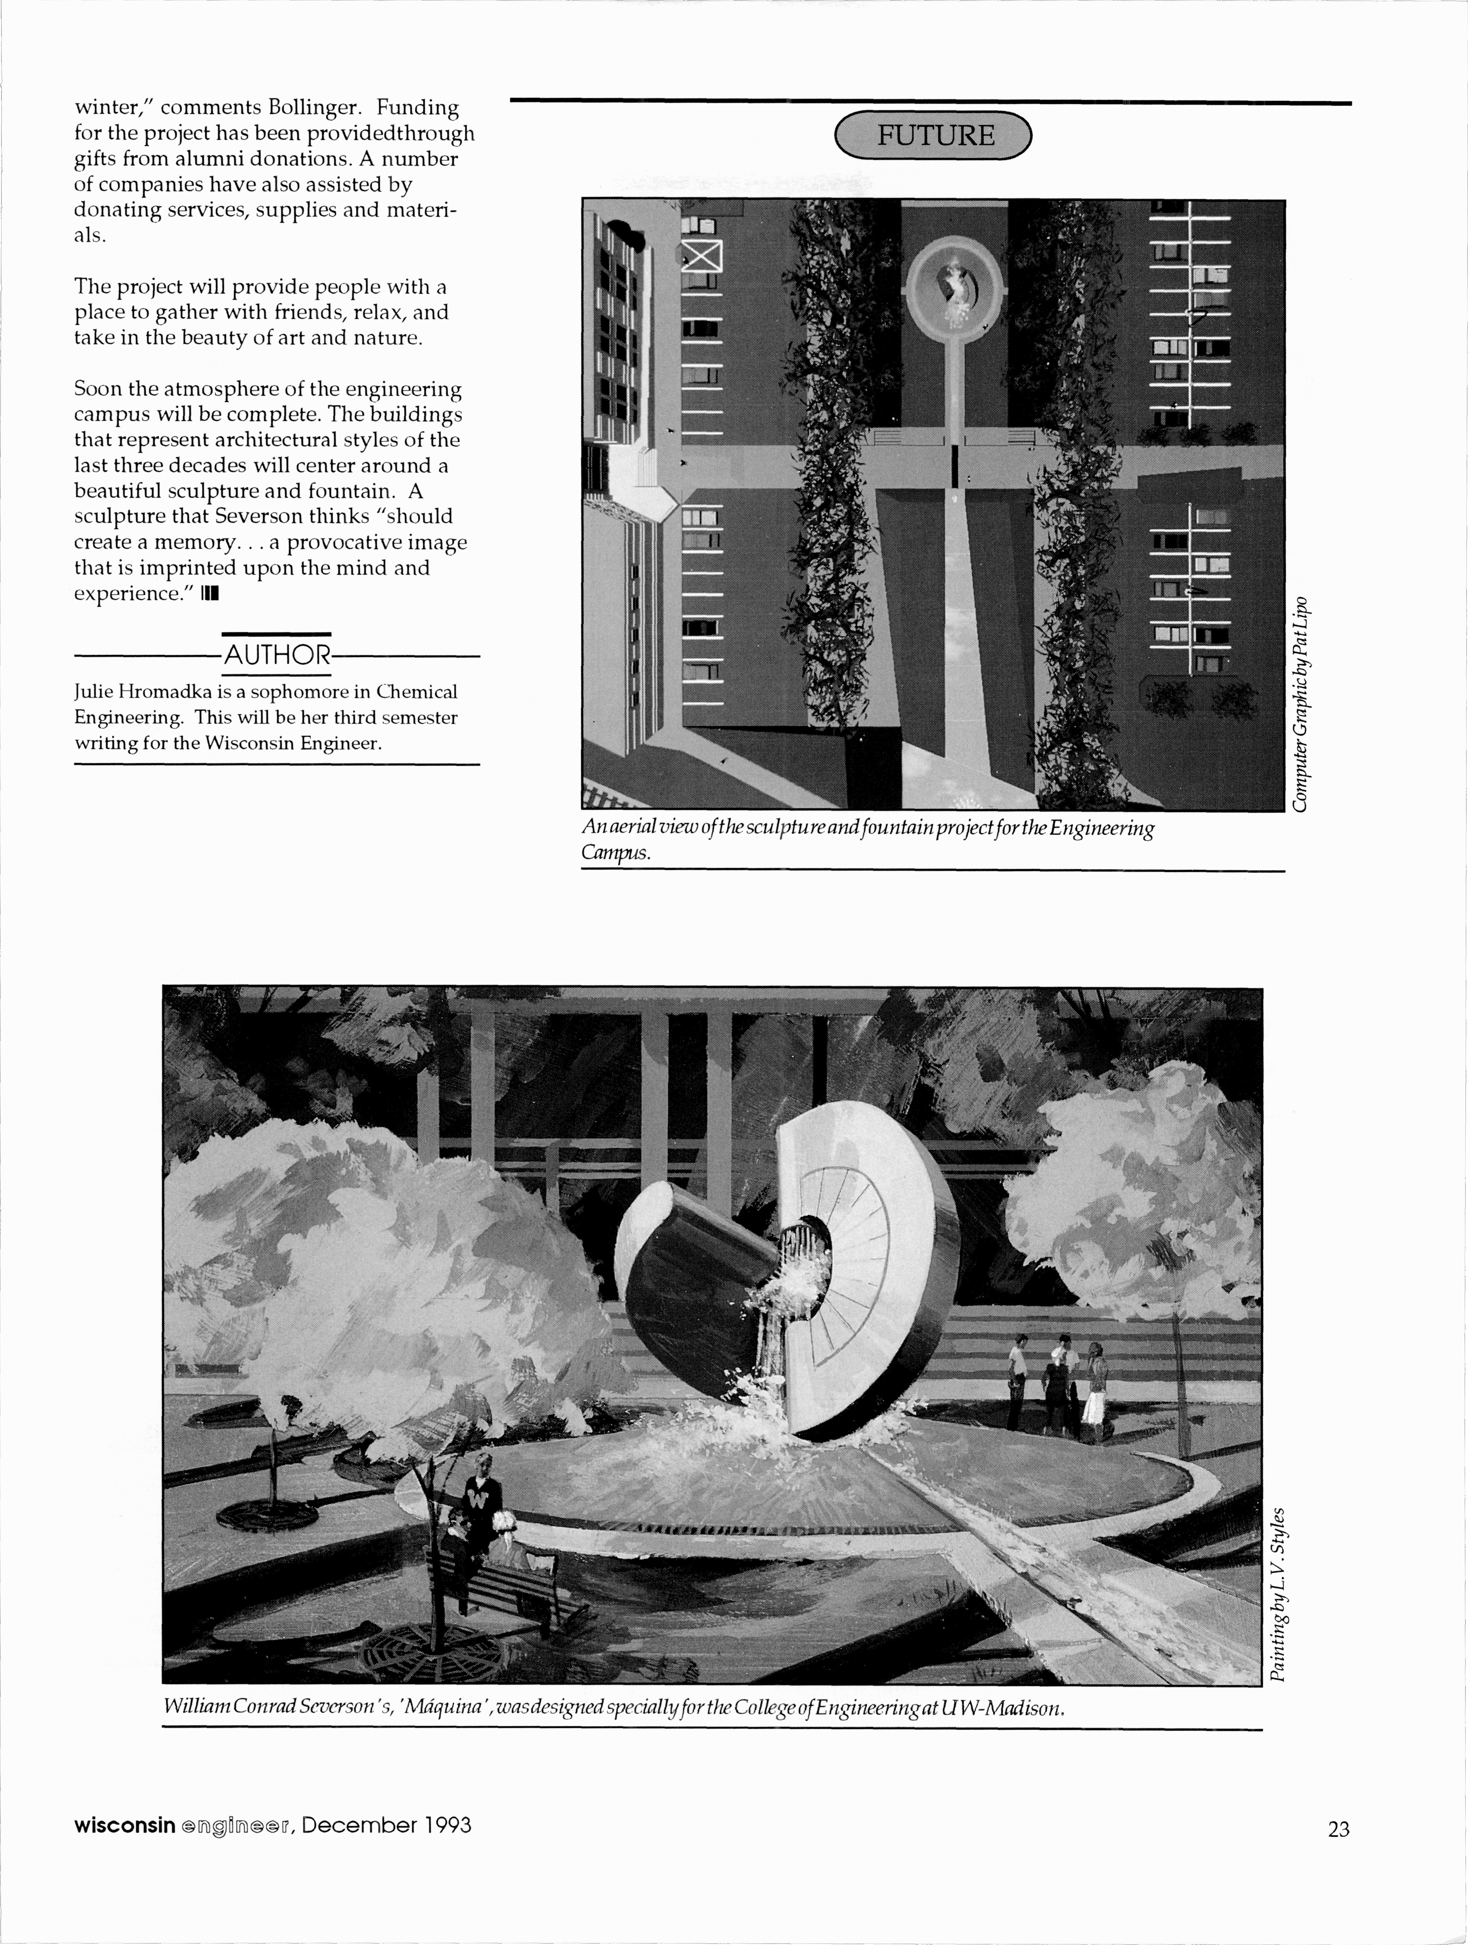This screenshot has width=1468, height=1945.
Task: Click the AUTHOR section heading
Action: (x=277, y=655)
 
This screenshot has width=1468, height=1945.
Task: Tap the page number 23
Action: (x=1338, y=1830)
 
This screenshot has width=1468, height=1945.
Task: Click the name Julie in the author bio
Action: (x=93, y=692)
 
